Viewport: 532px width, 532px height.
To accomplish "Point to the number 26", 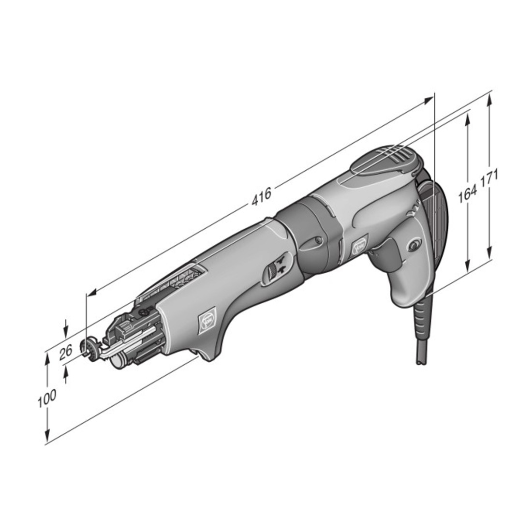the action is (66, 352).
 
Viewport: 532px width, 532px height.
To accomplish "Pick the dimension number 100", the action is (46, 399).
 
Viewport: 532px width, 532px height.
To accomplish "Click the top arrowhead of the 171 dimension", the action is (489, 100).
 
